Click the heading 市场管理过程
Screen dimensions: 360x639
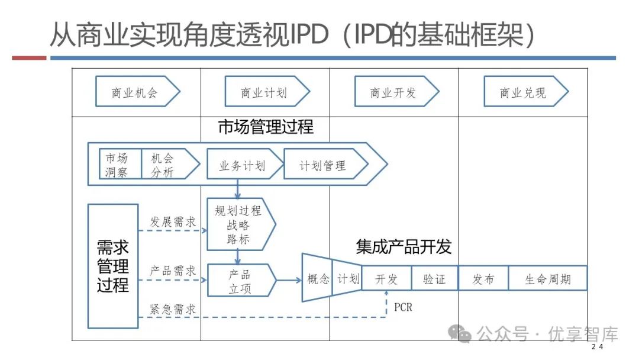266,127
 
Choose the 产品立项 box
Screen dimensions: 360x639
240,281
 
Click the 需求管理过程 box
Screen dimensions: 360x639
112,266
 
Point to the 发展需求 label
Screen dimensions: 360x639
172,222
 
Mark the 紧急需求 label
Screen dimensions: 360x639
172,308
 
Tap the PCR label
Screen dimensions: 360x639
403,307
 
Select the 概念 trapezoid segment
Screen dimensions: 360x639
318,279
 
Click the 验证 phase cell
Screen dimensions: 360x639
434,279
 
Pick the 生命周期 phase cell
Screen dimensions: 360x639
548,279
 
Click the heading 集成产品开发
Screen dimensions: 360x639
404,246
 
